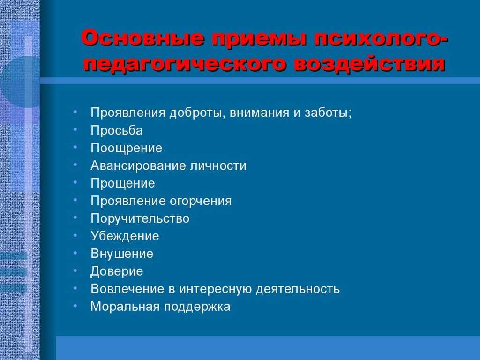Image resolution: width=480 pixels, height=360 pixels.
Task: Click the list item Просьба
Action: pos(116,130)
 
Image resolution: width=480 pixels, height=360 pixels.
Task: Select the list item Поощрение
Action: pos(126,148)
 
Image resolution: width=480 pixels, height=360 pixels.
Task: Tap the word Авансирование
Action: pos(138,165)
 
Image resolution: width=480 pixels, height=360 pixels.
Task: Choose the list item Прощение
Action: pos(122,183)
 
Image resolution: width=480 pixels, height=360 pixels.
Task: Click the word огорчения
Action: pos(201,201)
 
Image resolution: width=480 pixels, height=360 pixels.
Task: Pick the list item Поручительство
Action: pos(140,218)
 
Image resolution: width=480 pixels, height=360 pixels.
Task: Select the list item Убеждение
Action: pos(125,236)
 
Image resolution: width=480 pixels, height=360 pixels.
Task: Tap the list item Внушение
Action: pos(122,254)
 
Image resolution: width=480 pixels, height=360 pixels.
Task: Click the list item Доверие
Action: pos(117,271)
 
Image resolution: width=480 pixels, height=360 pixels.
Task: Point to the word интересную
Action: pos(216,289)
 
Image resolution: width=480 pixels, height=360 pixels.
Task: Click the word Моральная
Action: pos(125,307)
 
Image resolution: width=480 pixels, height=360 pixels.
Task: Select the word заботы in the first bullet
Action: pos(328,112)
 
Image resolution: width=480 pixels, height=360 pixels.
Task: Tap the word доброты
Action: pos(198,112)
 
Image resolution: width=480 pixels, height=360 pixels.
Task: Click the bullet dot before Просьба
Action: pos(75,129)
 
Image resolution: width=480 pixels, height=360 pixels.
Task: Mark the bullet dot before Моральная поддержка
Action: pos(75,306)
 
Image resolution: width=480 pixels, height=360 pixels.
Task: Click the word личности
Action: pos(218,165)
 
